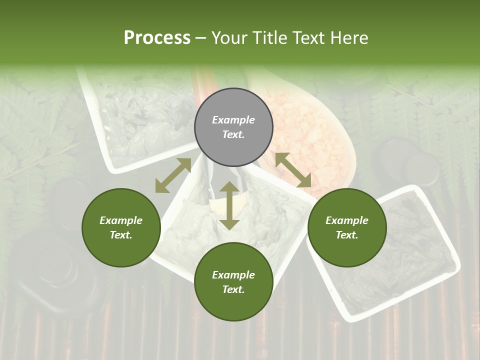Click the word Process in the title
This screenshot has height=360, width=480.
[x=157, y=38]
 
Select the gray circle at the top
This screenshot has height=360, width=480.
[x=233, y=127]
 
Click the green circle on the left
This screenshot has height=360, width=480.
[x=121, y=227]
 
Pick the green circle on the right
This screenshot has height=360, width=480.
[x=347, y=227]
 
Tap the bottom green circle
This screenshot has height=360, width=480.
[x=233, y=282]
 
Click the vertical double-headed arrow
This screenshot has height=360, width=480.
[x=229, y=205]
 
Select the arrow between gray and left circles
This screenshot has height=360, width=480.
[x=173, y=175]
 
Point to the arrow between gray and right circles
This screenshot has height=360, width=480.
[x=293, y=170]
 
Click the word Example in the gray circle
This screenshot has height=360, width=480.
[x=233, y=120]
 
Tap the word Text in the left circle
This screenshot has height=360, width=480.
[x=121, y=235]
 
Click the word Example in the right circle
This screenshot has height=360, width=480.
[x=347, y=220]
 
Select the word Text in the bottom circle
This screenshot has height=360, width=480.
[x=233, y=289]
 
